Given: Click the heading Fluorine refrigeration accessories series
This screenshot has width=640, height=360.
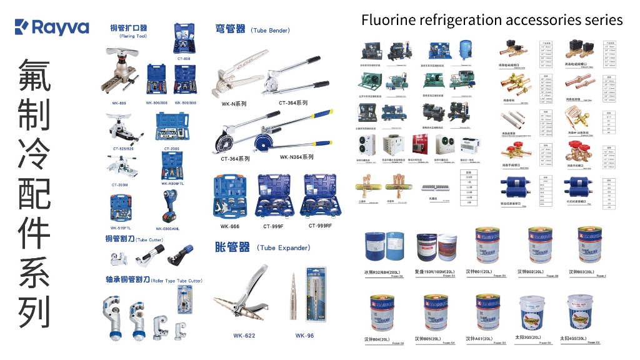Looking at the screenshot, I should pyautogui.click(x=492, y=19).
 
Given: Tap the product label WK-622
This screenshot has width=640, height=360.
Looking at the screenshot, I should pyautogui.click(x=244, y=336).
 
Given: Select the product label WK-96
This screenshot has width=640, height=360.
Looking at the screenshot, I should pyautogui.click(x=304, y=336).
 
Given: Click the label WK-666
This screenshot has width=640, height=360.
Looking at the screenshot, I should pyautogui.click(x=229, y=226).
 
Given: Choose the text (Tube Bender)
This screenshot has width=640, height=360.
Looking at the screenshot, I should pyautogui.click(x=270, y=30).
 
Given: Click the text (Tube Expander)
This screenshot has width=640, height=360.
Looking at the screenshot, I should pyautogui.click(x=283, y=248).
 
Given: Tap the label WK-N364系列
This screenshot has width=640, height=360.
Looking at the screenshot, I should pyautogui.click(x=297, y=157).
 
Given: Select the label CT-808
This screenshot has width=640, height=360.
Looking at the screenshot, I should pyautogui.click(x=184, y=58).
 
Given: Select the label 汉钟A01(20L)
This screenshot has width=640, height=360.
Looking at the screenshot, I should pyautogui.click(x=479, y=339).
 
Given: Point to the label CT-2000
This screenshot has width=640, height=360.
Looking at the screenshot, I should pyautogui.click(x=172, y=149).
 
